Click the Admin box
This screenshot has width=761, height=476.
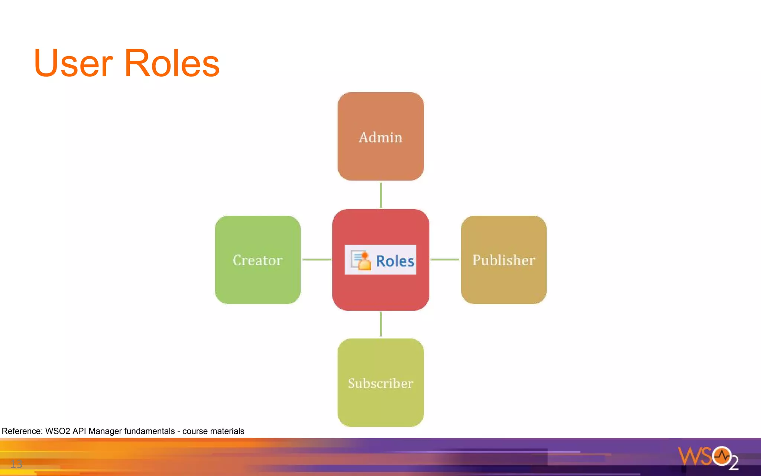(x=380, y=136)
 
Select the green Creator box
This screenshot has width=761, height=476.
(x=258, y=260)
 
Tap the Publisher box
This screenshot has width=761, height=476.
(x=503, y=260)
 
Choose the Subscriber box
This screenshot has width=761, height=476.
(x=380, y=383)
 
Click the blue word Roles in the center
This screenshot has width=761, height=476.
(x=395, y=261)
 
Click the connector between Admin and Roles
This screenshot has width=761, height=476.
(x=380, y=195)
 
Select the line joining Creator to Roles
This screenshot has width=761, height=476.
(x=317, y=260)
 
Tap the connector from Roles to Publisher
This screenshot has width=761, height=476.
(x=445, y=260)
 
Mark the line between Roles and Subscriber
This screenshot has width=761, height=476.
(x=380, y=324)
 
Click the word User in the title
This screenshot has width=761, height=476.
(x=73, y=64)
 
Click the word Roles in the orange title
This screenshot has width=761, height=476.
(x=172, y=64)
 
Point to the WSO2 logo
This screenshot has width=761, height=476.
(x=707, y=457)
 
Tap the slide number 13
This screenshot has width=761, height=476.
(x=16, y=464)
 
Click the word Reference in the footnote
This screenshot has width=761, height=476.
(x=22, y=431)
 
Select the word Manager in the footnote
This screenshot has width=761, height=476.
(x=105, y=431)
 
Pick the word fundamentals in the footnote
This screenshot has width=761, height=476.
(x=149, y=431)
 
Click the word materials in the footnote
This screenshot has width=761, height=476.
(x=227, y=431)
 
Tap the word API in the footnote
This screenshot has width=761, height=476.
(x=79, y=431)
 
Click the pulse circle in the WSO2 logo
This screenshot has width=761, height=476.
(x=722, y=456)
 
